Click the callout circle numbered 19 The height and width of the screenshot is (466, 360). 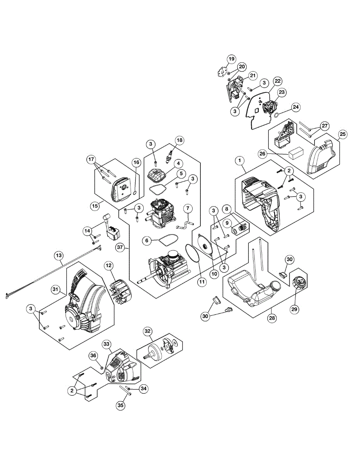coord(231,59)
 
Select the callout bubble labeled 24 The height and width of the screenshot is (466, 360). coord(296,107)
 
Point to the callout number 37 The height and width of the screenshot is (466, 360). coord(120,247)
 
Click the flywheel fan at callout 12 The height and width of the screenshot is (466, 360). coord(121,288)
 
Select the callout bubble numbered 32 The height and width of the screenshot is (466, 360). coord(147,331)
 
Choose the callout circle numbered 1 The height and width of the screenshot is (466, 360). coord(240,160)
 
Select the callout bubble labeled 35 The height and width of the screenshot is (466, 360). coord(121,405)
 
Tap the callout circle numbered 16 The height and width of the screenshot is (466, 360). coord(136,162)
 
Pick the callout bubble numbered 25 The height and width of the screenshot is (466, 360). coord(342,134)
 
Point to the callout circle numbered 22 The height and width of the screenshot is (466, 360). coord(277,81)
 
